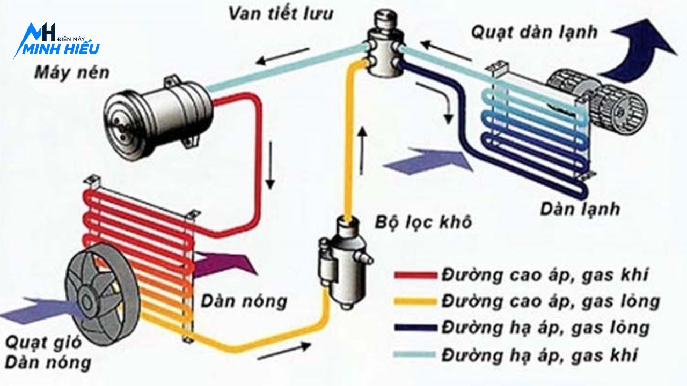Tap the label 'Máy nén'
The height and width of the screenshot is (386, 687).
point(71,72)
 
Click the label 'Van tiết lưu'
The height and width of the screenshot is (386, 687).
point(280,13)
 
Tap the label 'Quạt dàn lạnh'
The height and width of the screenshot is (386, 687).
point(534,32)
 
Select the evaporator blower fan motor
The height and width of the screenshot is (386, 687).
point(596,102)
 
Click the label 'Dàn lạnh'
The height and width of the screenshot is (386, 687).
point(580,209)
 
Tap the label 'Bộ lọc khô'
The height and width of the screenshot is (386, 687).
point(423,221)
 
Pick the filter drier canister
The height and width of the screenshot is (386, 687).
point(343,263)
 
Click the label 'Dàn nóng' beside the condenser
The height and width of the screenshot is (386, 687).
point(244,301)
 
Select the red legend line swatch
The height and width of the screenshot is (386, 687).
point(415,276)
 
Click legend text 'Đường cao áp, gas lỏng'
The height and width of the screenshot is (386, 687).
point(550,301)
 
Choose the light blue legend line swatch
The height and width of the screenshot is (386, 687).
point(415,354)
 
